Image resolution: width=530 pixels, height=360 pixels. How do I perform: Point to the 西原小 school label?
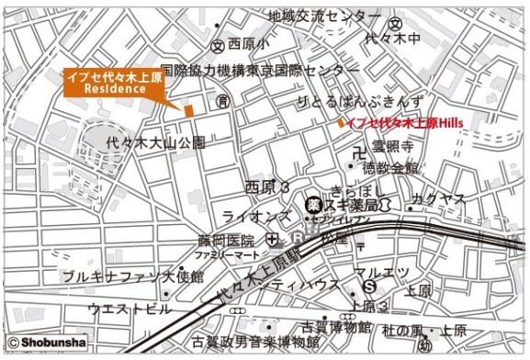(248, 44)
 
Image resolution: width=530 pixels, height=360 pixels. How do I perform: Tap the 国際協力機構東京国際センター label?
(260, 70)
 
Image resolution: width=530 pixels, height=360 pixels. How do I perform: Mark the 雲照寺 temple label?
(394, 147)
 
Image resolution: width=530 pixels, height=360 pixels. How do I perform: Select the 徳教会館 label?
(389, 167)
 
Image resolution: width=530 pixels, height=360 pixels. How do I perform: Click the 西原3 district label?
(267, 186)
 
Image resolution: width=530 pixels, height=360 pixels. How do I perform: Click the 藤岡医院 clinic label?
(224, 239)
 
